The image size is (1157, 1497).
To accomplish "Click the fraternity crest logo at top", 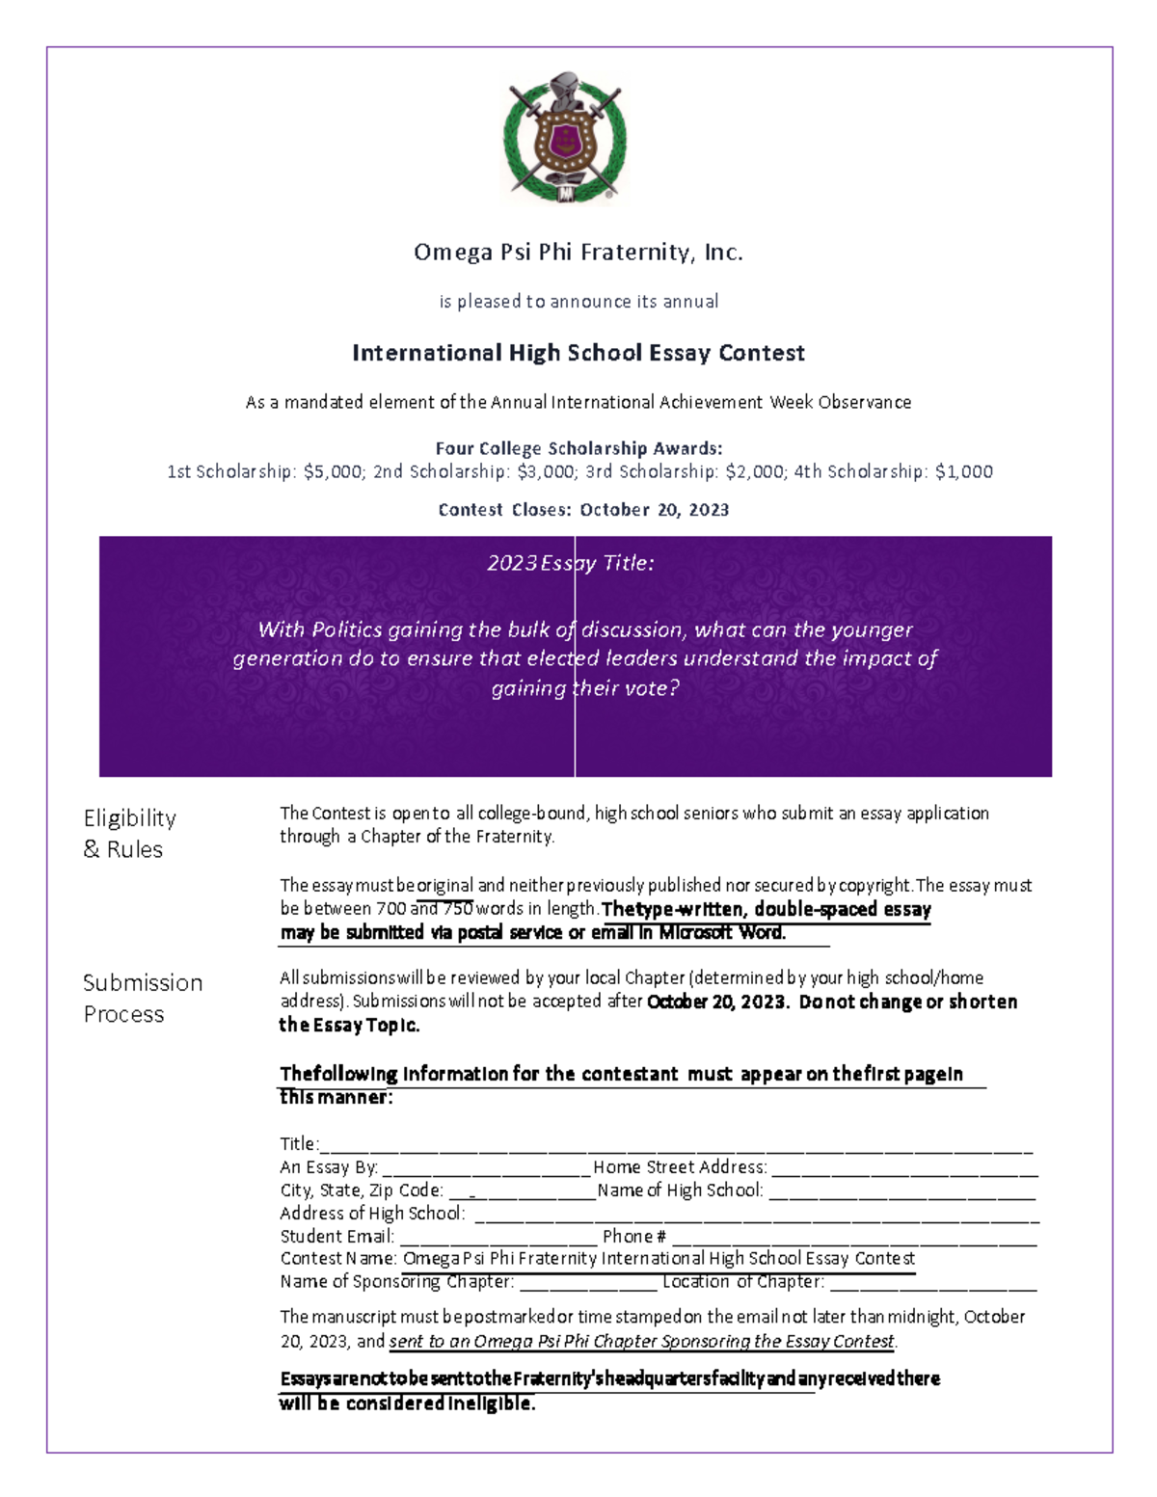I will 565,138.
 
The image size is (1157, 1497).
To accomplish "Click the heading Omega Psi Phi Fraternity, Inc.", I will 578,253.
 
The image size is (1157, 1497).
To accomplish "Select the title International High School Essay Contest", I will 578,353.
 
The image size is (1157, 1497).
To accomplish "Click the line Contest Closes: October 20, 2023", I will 583,510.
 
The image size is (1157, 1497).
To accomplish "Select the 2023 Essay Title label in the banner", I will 570,563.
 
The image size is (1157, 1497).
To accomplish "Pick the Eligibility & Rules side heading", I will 130,833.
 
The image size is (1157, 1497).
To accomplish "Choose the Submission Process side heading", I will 143,998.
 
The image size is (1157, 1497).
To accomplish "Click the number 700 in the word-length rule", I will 390,908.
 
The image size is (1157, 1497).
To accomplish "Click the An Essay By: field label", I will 329,1167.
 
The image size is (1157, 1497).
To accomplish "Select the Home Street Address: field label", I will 680,1167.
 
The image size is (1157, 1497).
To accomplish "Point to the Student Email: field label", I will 336,1237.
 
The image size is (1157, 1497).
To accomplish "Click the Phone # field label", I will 633,1237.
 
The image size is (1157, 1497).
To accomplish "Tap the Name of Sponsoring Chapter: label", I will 396,1282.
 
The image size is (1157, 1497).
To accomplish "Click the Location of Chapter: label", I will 742,1282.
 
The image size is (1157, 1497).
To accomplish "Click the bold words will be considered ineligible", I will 407,1403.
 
